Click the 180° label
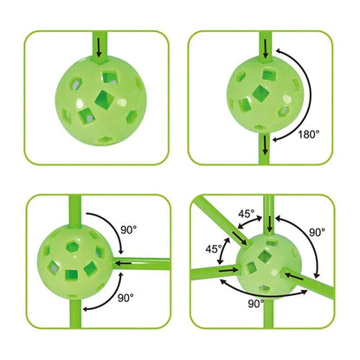[x=309, y=134]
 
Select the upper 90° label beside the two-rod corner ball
[x=128, y=230]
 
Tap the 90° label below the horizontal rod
[x=125, y=298]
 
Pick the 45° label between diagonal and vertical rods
[x=247, y=214]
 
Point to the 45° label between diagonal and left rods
[x=214, y=248]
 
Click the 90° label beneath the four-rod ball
[x=256, y=304]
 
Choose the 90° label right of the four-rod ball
[x=317, y=232]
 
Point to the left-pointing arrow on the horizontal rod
[x=123, y=263]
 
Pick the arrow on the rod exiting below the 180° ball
[x=265, y=145]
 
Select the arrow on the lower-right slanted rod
[x=293, y=276]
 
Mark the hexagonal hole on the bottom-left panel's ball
[x=72, y=246]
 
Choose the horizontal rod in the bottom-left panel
[x=141, y=264]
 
